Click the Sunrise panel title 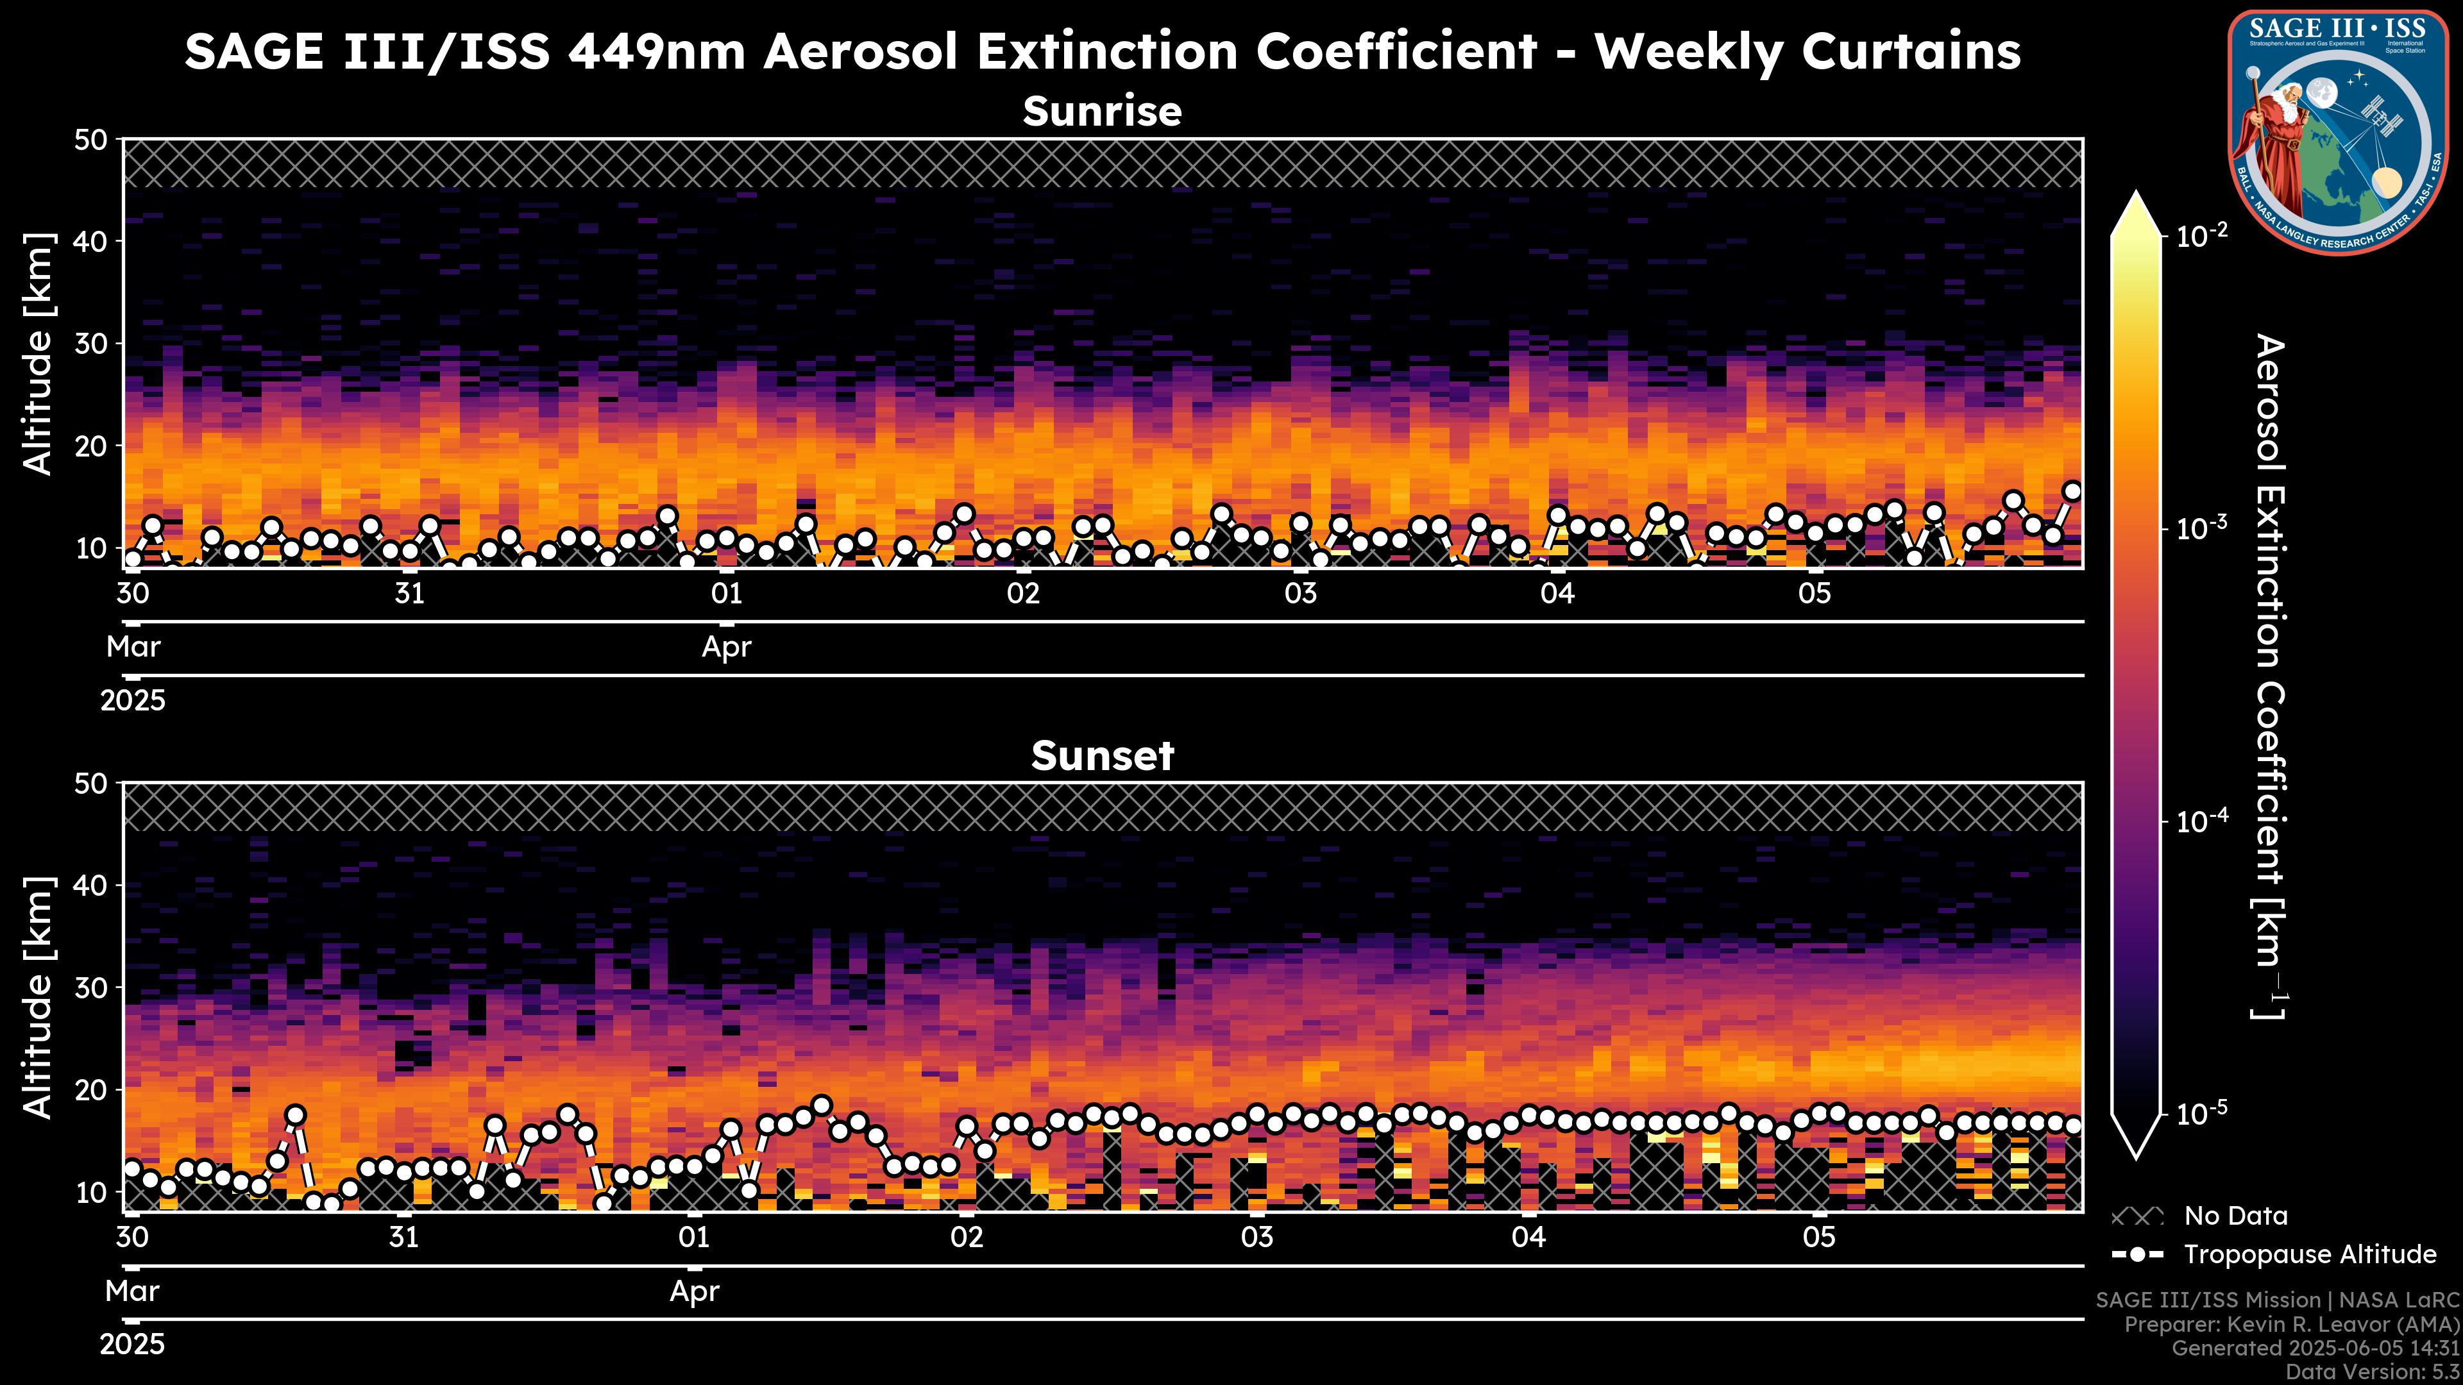(1103, 112)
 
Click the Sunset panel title (1103, 756)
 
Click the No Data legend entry (2235, 1216)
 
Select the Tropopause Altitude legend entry (2310, 1254)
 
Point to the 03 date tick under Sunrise (1300, 594)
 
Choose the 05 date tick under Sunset (1820, 1238)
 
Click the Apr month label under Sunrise (727, 647)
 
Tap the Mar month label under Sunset (132, 1291)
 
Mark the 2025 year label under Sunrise (133, 701)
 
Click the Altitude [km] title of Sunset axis (38, 997)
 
